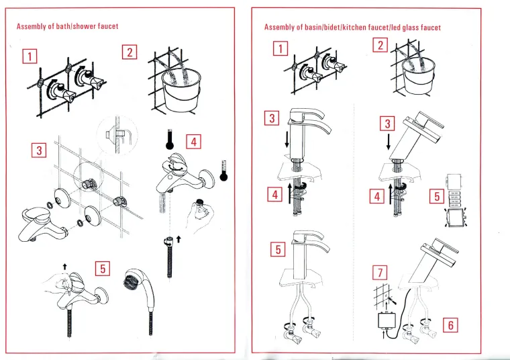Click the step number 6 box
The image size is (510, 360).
tap(451, 325)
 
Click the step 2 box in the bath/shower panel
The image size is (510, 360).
tap(130, 52)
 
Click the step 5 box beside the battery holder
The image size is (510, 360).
tap(436, 197)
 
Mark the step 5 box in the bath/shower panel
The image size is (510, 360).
tap(102, 269)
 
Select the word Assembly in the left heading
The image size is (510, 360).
tap(31, 26)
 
